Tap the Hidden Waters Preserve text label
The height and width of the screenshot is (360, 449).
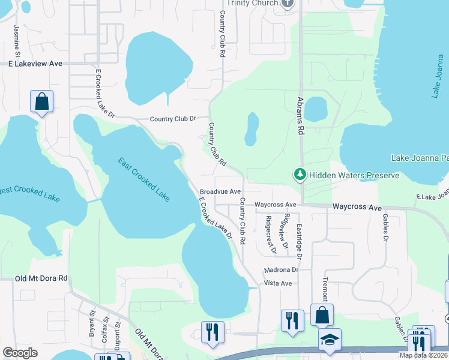coord(354,175)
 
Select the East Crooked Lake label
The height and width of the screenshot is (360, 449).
coord(144,179)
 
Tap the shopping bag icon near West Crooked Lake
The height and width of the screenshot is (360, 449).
coord(42,102)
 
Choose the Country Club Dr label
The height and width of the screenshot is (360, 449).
coord(173,119)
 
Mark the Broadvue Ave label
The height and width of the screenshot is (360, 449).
coord(220,191)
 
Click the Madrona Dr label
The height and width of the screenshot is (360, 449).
coord(281,270)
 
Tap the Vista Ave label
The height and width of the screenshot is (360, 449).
coord(278,283)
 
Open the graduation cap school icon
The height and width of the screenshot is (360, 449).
coord(330,340)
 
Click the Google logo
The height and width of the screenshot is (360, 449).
coord(20,353)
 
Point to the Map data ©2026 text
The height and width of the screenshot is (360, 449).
coord(423,355)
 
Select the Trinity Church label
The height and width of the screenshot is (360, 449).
coord(257,3)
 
